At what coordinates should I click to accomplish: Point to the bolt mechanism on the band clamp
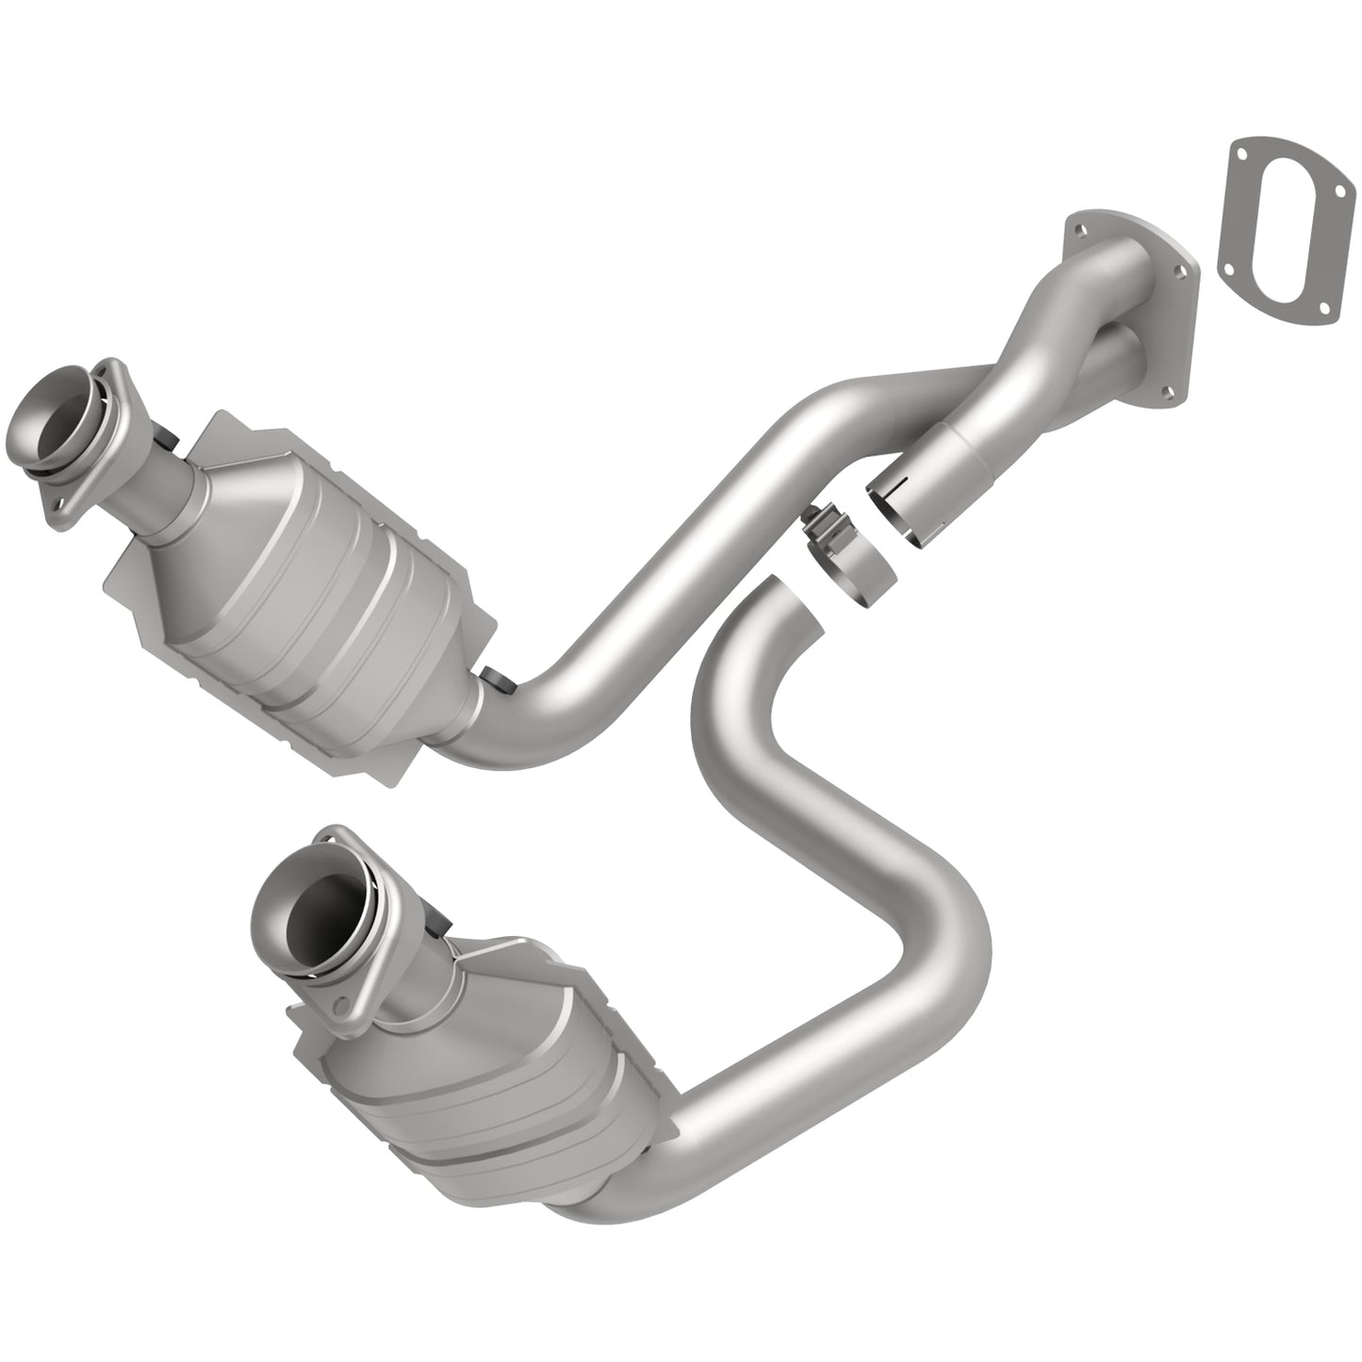coord(816,524)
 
